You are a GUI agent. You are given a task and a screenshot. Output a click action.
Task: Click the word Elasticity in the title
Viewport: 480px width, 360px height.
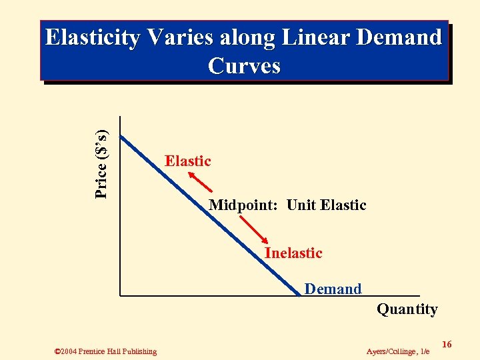92,38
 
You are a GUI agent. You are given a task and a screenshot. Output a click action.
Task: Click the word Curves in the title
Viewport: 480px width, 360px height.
244,66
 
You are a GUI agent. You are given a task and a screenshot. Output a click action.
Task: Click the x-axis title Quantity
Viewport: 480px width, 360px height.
407,309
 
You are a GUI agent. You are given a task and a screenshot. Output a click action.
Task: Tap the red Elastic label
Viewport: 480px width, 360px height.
187,161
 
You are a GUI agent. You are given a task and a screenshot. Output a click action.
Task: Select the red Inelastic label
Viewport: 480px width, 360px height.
293,253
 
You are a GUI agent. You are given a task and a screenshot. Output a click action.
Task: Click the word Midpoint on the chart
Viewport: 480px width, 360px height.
244,205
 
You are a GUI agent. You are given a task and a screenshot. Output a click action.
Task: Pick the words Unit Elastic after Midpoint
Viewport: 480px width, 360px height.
326,205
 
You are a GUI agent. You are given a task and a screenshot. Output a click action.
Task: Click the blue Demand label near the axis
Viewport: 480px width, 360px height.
333,289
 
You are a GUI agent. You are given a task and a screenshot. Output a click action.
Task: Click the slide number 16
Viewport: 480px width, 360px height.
447,344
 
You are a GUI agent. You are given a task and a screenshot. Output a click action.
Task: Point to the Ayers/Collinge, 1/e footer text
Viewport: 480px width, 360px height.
398,351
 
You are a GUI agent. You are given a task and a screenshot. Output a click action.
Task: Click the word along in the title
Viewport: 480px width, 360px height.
242,38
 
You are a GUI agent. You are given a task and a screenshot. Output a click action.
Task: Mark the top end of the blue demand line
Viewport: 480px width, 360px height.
121,136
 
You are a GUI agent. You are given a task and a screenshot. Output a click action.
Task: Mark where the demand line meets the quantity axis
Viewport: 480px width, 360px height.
299,294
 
